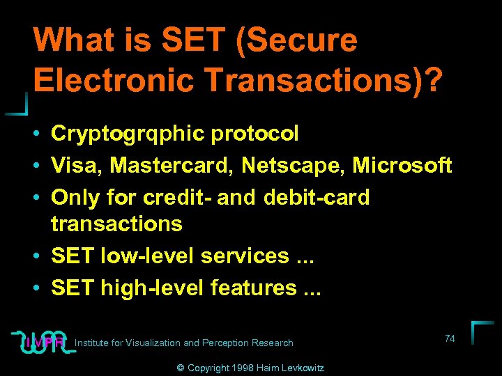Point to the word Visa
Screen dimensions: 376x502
pos(74,166)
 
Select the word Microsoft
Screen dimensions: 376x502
pos(402,166)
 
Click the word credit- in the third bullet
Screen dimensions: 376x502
pos(177,197)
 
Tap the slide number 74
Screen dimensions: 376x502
pos(450,338)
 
